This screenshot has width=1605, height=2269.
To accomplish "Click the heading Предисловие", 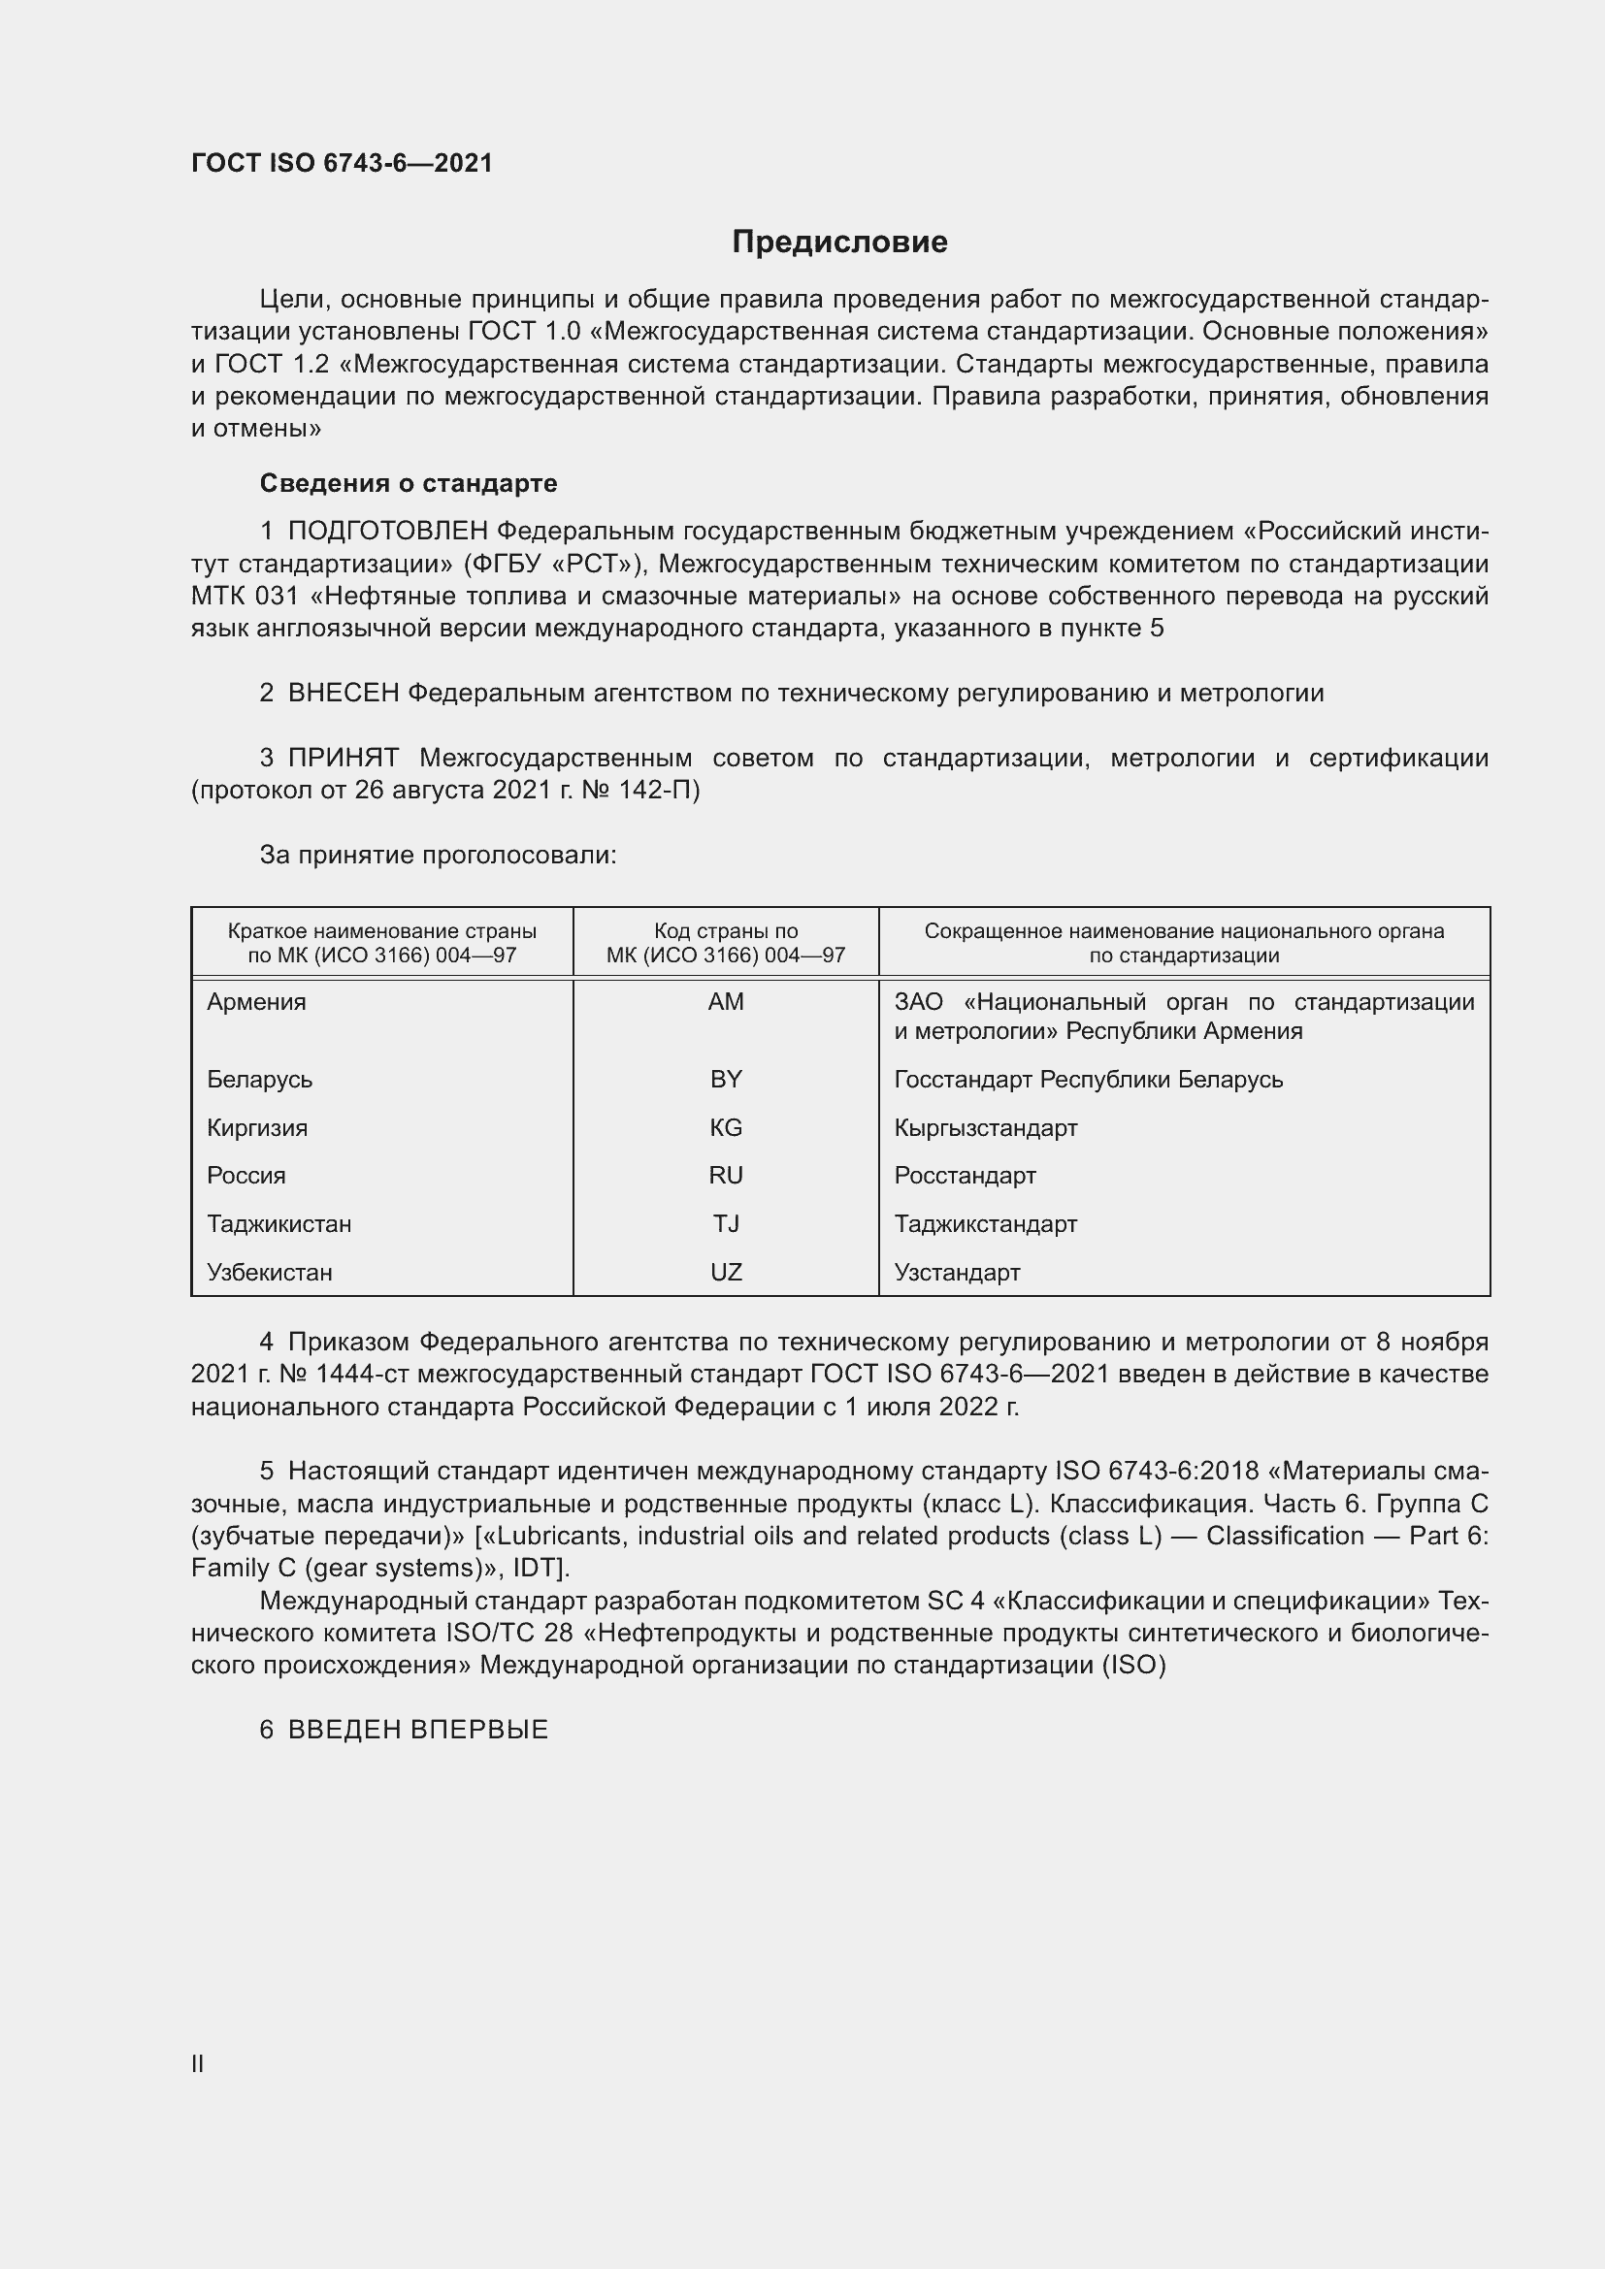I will (839, 243).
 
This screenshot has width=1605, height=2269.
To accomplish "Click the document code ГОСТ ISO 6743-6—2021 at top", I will (342, 163).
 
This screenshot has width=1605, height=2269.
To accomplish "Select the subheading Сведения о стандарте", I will (409, 483).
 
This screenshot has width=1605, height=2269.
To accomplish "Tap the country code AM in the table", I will (726, 1002).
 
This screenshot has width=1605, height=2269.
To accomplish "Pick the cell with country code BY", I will (726, 1079).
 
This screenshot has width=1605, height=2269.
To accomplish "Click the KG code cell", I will (726, 1127).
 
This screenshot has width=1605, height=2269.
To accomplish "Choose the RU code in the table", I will (726, 1175).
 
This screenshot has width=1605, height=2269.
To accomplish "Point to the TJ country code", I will (726, 1223).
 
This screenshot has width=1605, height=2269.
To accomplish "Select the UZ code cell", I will (726, 1272).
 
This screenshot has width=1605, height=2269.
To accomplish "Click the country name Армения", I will (256, 1002).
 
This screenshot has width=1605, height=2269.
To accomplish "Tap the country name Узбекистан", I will (269, 1272).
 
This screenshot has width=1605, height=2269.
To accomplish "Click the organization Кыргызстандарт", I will (985, 1127).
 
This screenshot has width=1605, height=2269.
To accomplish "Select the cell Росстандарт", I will (965, 1175).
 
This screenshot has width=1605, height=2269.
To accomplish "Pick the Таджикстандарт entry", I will (985, 1223).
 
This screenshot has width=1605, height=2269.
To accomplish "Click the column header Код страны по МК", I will (726, 943).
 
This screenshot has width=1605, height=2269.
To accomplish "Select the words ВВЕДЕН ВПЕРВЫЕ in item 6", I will (418, 1730).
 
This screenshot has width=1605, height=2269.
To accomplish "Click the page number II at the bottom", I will (198, 2063).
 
